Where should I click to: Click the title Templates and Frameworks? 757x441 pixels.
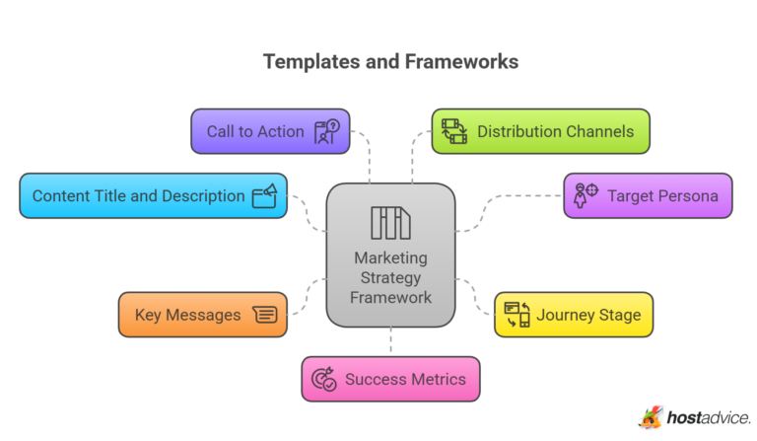390,61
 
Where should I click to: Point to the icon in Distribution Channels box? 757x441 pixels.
454,131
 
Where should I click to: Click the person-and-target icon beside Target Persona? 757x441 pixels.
585,194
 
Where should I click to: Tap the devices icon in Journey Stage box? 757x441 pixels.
517,315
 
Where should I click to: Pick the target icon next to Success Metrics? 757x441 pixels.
323,379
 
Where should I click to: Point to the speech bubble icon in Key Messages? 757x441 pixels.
264,315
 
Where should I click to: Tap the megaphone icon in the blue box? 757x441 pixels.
264,195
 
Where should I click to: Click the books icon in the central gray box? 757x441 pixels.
390,222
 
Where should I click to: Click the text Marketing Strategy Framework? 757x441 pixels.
390,277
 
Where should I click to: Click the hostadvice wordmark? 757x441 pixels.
708,418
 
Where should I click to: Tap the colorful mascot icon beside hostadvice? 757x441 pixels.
651,418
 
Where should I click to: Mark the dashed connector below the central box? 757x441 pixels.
390,340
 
